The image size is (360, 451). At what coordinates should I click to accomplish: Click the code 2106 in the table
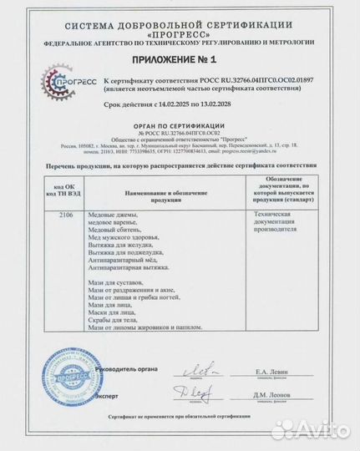point(69,215)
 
